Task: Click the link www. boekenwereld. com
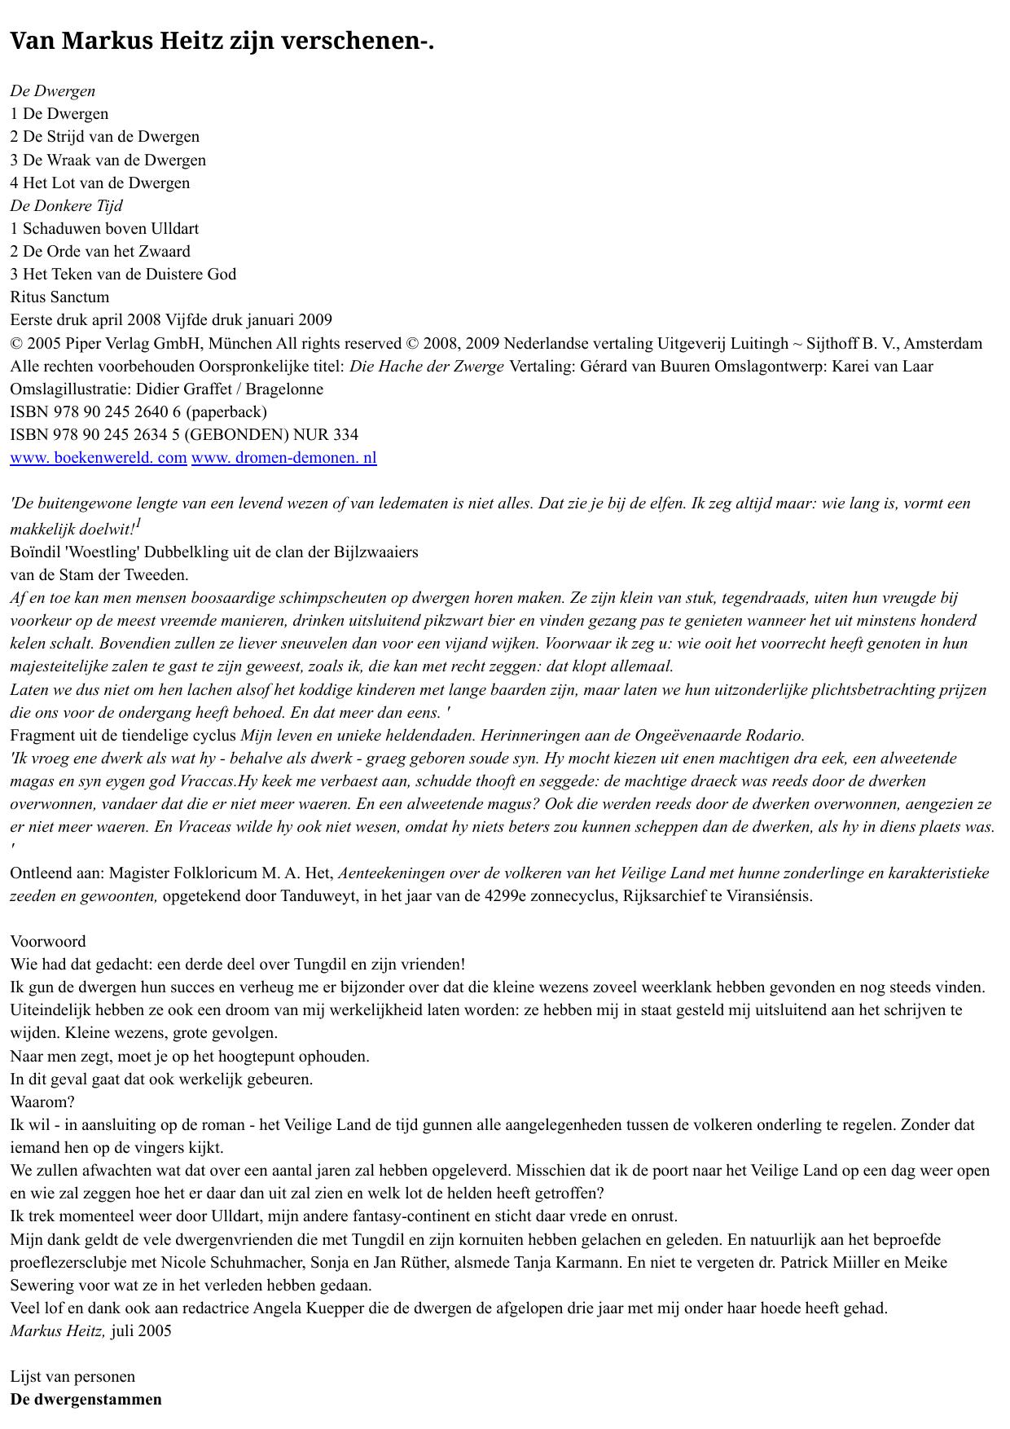99,458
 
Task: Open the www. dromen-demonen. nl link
283,458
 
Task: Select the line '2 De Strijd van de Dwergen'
104,137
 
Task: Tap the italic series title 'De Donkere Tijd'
66,205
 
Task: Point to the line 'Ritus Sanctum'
59,297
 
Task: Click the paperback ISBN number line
138,411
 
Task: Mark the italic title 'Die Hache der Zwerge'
427,366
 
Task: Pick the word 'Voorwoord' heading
47,941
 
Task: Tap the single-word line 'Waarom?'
42,1101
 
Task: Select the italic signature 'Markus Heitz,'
58,1330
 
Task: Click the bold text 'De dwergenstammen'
86,1399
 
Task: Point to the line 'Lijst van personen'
72,1376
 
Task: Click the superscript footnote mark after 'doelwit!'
139,523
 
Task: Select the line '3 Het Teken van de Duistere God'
123,274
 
